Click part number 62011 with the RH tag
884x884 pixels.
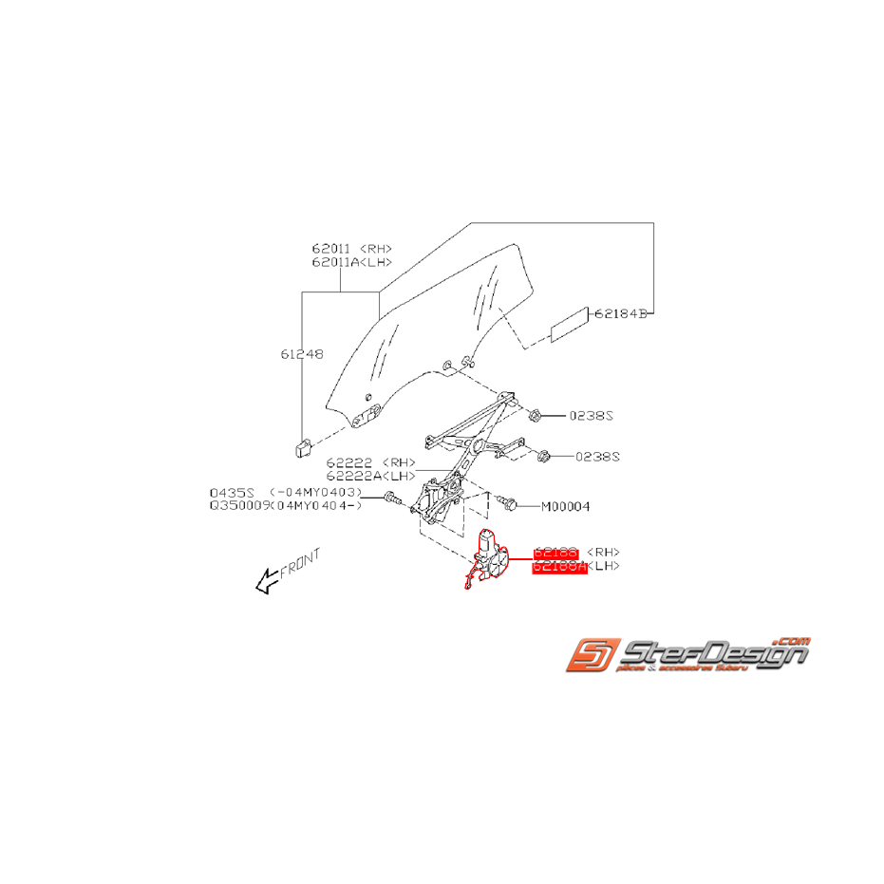330,249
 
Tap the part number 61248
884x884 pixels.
301,354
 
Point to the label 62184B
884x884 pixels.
621,313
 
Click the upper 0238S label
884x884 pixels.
592,416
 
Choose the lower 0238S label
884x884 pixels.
597,457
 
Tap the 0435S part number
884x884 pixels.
233,493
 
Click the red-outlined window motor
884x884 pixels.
491,557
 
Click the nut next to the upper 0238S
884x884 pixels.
535,416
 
